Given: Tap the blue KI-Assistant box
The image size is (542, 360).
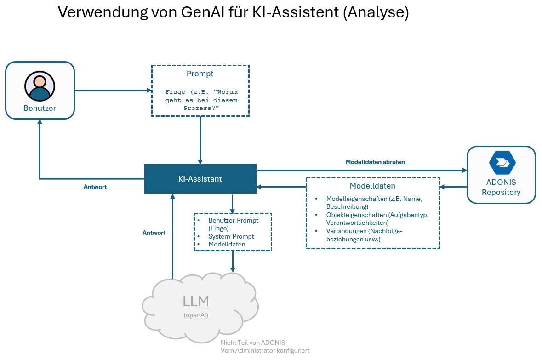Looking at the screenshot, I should (x=200, y=179).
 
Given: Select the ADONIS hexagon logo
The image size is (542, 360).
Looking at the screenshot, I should (x=502, y=162).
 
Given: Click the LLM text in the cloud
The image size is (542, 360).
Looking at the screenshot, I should (x=196, y=302).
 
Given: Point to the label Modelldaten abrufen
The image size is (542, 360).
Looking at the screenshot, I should (x=375, y=162).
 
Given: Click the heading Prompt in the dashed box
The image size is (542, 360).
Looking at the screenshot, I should (x=200, y=74).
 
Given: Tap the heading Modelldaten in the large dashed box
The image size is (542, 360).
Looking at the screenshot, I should (x=372, y=186).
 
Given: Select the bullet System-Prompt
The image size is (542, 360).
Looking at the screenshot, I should (x=231, y=236).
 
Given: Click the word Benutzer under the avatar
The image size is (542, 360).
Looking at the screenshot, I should (x=40, y=109).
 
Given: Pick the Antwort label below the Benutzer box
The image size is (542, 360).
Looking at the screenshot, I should (x=95, y=187).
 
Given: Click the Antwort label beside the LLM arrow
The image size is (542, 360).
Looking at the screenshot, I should (x=154, y=233).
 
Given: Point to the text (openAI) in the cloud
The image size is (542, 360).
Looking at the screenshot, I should (x=196, y=315).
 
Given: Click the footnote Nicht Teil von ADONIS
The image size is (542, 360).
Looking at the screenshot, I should (x=253, y=343).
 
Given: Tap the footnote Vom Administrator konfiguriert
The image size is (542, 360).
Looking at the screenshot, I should (x=265, y=350).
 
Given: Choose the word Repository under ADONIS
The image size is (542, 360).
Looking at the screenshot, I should (x=501, y=192).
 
